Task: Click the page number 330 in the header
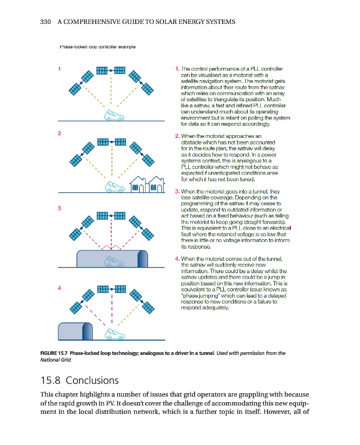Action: [x=47, y=22]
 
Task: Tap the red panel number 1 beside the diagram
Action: [x=60, y=69]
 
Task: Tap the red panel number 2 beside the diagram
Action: [x=60, y=133]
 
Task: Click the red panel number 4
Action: [x=60, y=288]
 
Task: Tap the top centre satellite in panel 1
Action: [x=111, y=71]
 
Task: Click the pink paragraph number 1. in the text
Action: [x=176, y=69]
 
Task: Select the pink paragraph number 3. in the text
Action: [x=176, y=192]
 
